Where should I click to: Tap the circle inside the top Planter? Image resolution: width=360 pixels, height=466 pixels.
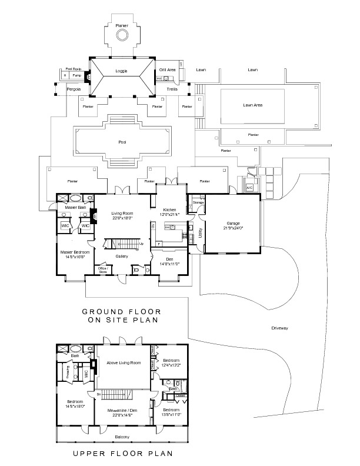122,36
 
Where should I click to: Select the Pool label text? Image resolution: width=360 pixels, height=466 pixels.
122,142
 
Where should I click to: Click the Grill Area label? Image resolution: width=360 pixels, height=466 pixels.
167,69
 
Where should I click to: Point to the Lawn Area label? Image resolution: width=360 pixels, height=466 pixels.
252,105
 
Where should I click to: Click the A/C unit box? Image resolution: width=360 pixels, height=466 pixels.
249,188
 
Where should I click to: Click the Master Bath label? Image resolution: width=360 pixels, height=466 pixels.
75,207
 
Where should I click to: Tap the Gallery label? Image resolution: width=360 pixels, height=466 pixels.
122,257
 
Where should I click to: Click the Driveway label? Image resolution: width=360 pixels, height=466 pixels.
280,328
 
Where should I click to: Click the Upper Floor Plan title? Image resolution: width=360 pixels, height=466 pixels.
122,454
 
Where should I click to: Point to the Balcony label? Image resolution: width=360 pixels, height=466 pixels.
122,436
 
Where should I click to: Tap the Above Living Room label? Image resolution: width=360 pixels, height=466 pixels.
123,364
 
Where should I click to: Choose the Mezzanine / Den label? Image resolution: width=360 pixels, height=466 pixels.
122,412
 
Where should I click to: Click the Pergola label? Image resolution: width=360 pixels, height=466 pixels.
74,89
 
